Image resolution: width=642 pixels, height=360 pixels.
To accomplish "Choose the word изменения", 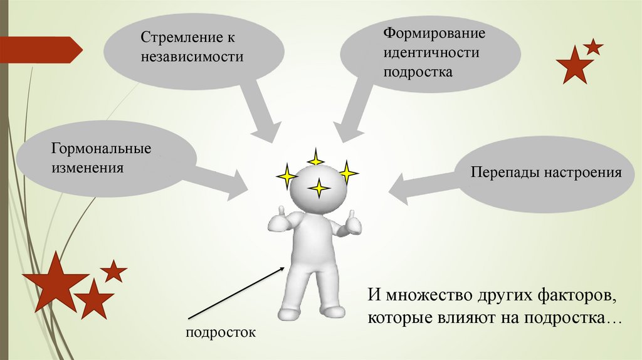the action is [x=87, y=169].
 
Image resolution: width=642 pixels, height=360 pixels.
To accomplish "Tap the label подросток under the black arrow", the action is [x=221, y=332].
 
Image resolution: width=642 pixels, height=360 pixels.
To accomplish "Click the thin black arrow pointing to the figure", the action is [x=238, y=294].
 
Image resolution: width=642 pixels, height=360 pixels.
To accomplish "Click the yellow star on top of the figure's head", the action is [x=316, y=158].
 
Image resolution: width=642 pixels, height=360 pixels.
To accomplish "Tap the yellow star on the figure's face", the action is [x=319, y=188].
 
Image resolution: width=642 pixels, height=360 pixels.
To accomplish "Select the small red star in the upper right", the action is [x=592, y=46].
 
